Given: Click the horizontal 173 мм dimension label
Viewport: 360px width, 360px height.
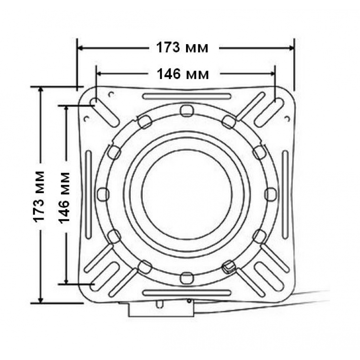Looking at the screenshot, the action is (182, 48).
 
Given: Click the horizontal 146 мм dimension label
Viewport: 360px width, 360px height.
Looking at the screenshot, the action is (183, 74).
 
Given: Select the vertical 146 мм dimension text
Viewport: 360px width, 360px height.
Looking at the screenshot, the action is (64, 198).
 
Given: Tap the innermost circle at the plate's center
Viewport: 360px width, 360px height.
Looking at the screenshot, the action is (187, 194).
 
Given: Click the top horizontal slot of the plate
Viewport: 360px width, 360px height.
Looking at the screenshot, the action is (187, 96).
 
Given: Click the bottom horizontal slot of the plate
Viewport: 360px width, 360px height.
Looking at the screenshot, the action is (187, 293).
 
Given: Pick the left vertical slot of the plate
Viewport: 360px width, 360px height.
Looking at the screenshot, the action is (89, 195).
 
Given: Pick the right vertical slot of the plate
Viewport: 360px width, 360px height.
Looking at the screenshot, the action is (285, 195).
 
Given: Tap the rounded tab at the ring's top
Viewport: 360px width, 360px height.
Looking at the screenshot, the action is (186, 111).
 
